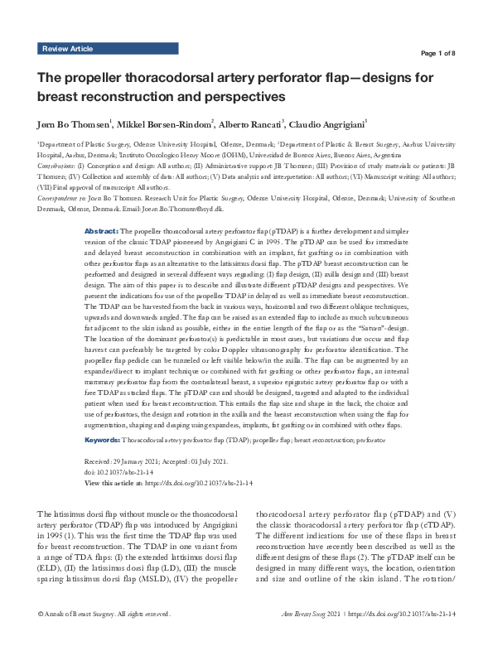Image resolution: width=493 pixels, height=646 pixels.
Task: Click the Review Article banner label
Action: [68, 50]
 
